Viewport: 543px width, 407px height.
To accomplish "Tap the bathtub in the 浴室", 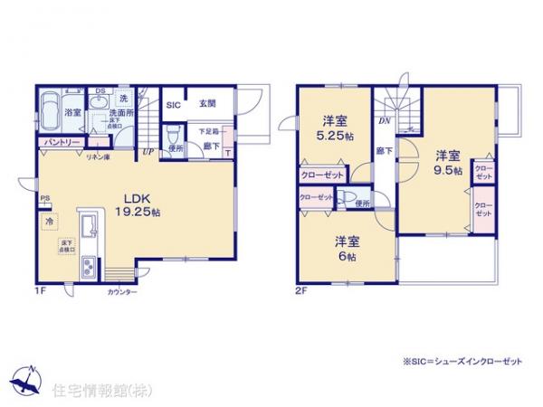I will tap(49, 112).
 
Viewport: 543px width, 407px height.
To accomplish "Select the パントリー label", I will tap(61, 143).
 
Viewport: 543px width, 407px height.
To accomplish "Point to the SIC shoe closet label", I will tap(172, 103).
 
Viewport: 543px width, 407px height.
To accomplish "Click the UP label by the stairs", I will tap(147, 152).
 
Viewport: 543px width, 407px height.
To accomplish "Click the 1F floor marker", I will tap(40, 289).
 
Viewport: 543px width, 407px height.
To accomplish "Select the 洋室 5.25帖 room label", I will tap(335, 128).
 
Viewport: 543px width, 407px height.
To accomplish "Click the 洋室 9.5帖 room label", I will tap(447, 162).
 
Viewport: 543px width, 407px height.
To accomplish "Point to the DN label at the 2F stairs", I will tap(384, 121).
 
